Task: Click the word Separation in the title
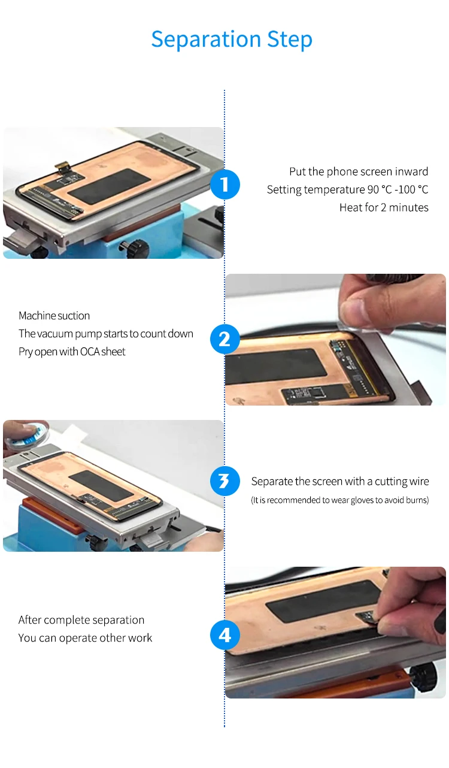click(x=206, y=40)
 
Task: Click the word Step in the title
click(x=290, y=40)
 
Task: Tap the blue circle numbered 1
click(x=225, y=185)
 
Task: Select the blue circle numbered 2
click(x=225, y=339)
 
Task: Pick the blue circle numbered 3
click(x=225, y=480)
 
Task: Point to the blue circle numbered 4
click(x=225, y=635)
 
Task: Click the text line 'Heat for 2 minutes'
click(x=384, y=207)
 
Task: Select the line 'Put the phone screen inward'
click(x=359, y=171)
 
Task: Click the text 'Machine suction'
click(x=54, y=316)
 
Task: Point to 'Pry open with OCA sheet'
click(x=72, y=352)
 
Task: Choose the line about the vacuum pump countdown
click(x=106, y=334)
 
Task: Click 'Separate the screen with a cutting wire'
click(x=340, y=482)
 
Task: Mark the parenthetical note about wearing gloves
click(x=339, y=500)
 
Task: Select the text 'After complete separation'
click(x=81, y=620)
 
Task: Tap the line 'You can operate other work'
click(x=85, y=638)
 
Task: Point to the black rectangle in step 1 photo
click(x=108, y=185)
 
